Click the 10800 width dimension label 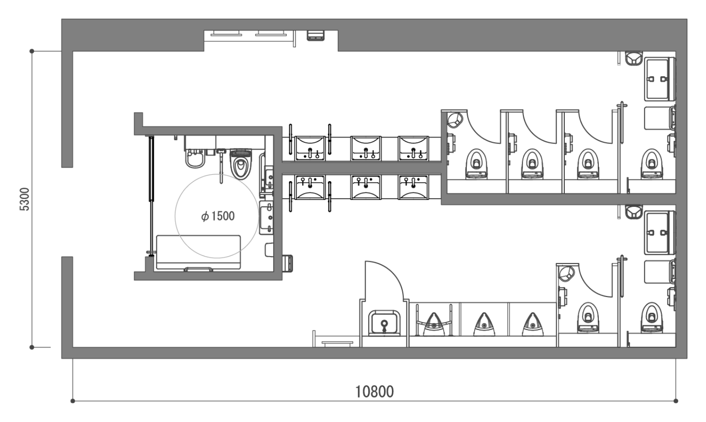[374, 392]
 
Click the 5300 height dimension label [25, 199]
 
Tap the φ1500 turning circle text [218, 216]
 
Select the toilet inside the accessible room [241, 164]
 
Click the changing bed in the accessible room [199, 252]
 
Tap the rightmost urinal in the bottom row [533, 324]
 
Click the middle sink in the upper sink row [366, 148]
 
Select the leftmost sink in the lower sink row [310, 188]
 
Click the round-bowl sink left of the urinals [384, 323]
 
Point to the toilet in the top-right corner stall [652, 164]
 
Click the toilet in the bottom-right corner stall [652, 317]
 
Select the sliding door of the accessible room [151, 196]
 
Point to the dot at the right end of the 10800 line [676, 401]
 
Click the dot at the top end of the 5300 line [32, 51]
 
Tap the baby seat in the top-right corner [634, 59]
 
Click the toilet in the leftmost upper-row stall [477, 164]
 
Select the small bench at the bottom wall [337, 343]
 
